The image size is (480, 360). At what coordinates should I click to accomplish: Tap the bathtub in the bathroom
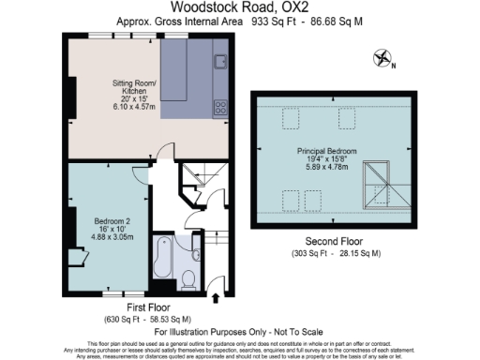163,261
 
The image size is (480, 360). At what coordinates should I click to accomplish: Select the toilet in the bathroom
188,277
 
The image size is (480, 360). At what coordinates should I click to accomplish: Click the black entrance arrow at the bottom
218,299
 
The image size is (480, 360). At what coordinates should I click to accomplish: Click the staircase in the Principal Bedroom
378,182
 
